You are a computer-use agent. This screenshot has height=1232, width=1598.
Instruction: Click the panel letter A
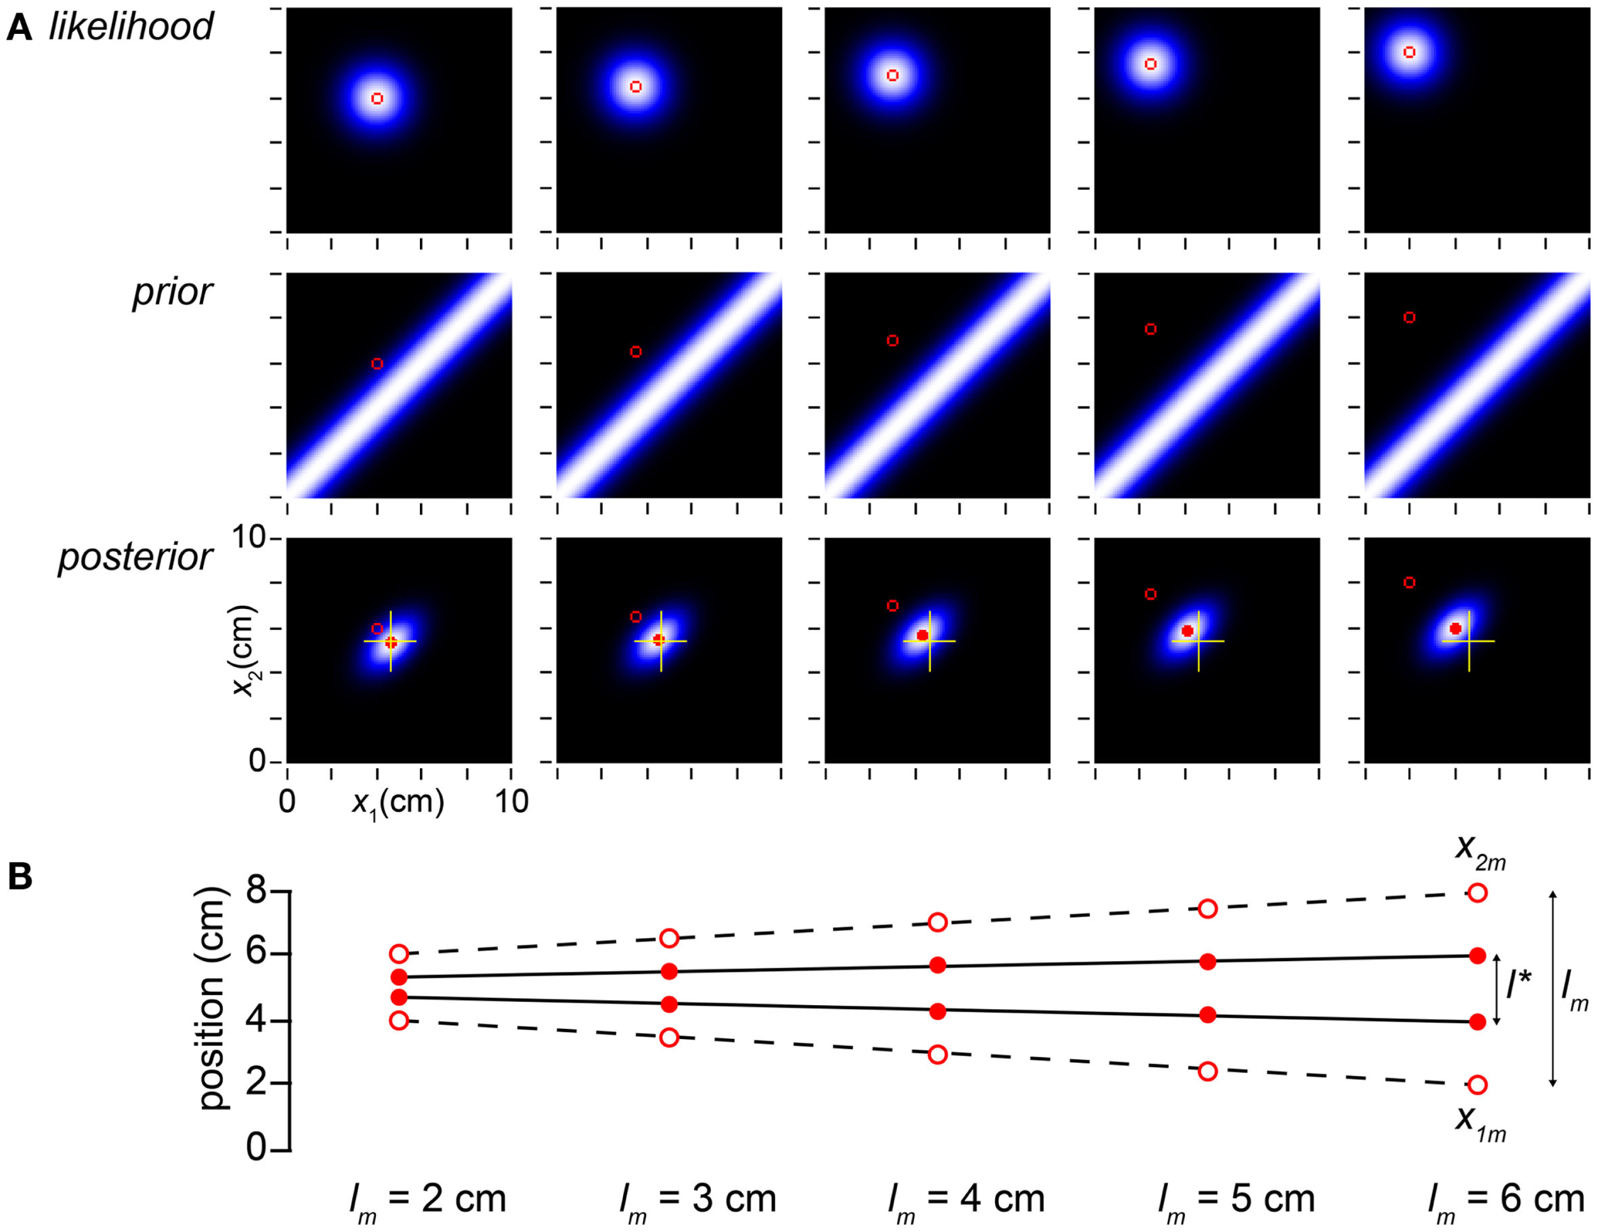[19, 28]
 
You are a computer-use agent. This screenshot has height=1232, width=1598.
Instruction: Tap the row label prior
[172, 292]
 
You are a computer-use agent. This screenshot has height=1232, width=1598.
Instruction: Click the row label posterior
[136, 557]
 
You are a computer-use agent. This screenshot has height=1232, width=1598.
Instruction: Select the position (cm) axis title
[213, 999]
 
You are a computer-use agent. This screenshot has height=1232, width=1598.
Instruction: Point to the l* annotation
[1518, 985]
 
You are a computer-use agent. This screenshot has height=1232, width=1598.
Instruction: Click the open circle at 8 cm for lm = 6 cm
[1477, 893]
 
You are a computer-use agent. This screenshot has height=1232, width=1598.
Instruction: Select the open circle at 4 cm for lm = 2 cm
[399, 1020]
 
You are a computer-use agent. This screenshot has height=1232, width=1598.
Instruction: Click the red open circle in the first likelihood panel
[377, 98]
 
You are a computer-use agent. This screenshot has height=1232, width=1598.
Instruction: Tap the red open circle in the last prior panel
[1409, 318]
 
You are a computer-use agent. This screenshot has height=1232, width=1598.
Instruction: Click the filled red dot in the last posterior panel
[1455, 628]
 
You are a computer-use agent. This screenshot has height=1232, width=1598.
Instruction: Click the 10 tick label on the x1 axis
[511, 803]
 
